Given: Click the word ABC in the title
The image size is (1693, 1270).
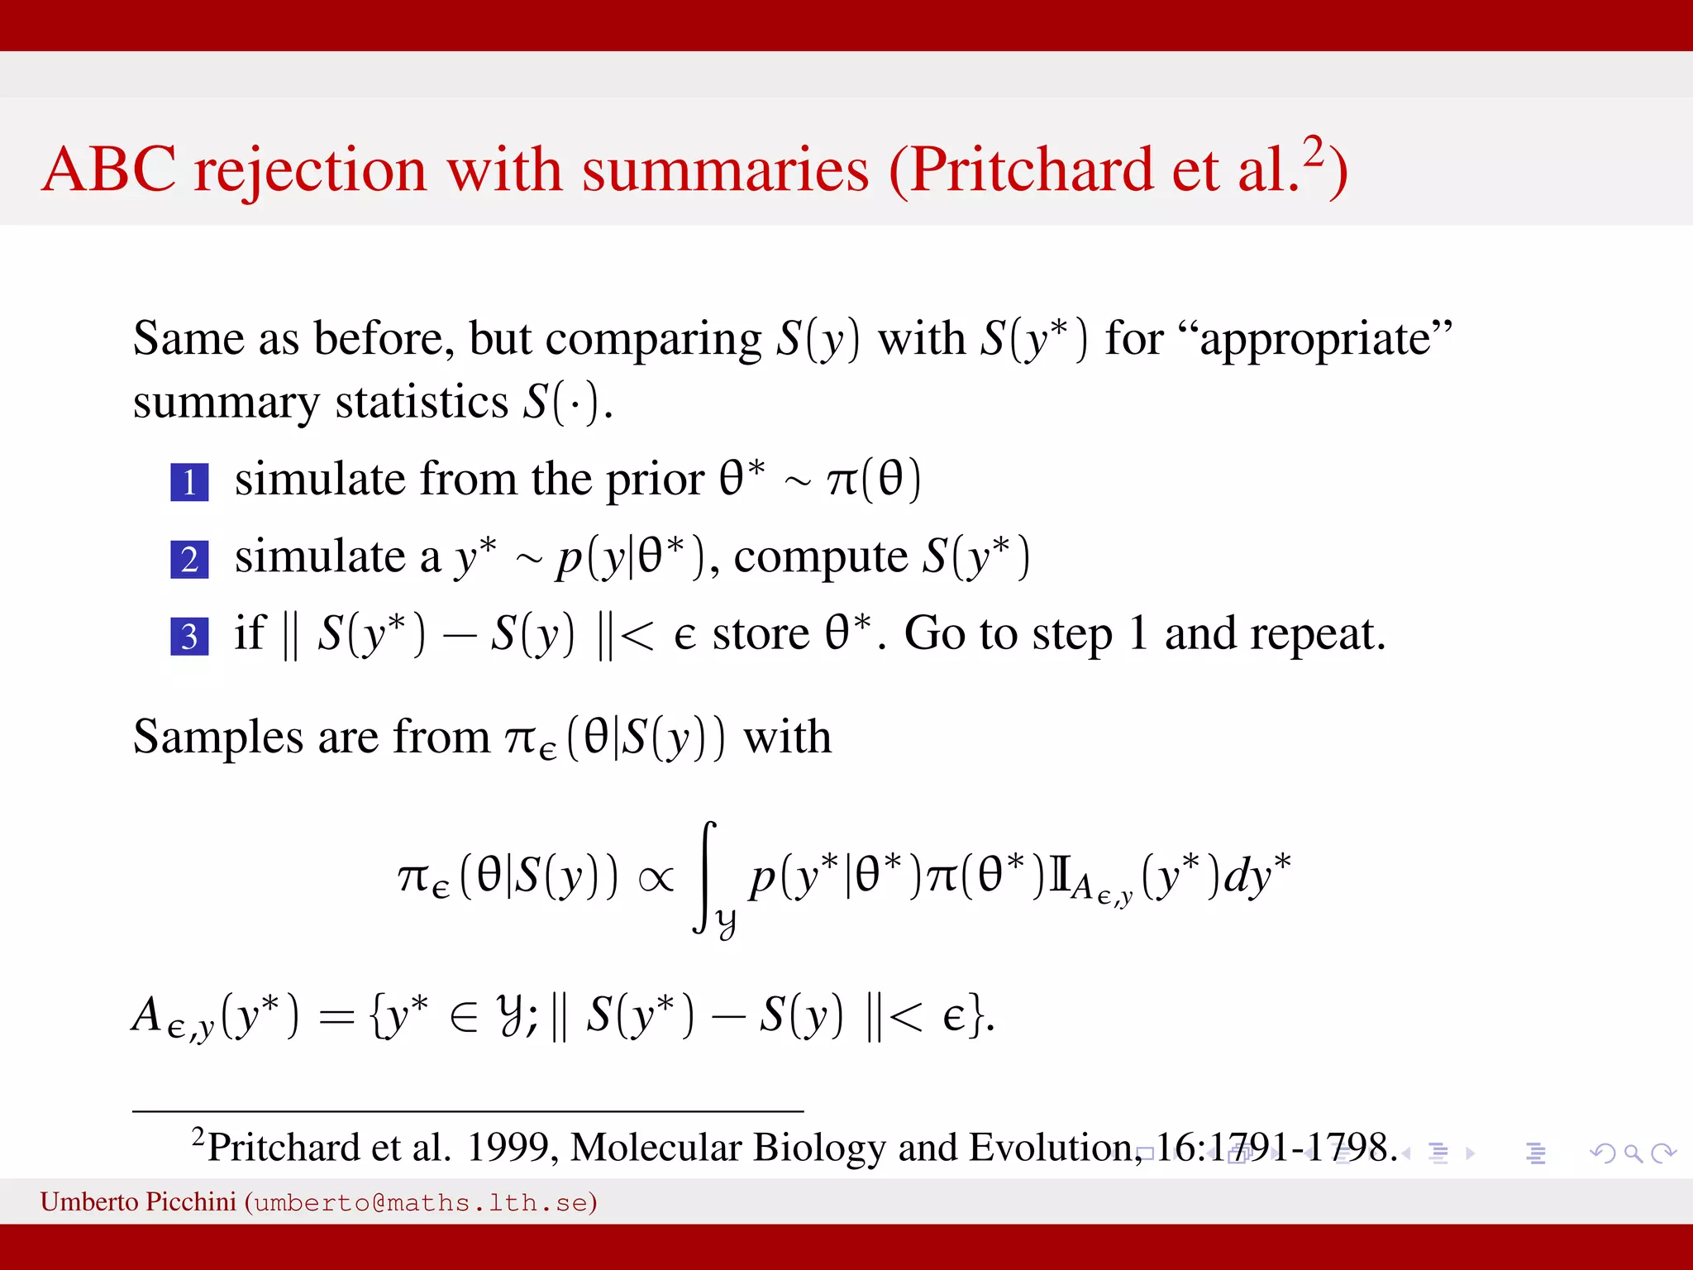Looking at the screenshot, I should [109, 170].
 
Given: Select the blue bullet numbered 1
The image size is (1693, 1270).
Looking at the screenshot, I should [189, 482].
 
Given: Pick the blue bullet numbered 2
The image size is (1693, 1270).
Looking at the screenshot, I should [189, 559].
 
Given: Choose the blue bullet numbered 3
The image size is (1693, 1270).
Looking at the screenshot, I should [189, 636].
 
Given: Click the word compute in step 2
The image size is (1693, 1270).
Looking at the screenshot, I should [821, 556].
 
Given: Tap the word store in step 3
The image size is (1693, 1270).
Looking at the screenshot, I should [761, 634].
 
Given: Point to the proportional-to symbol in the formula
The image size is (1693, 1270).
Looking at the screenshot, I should [656, 878].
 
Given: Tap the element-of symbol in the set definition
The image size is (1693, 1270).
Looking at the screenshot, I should [464, 1016].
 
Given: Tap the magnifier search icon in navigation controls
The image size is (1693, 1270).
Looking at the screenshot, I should [1633, 1153].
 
